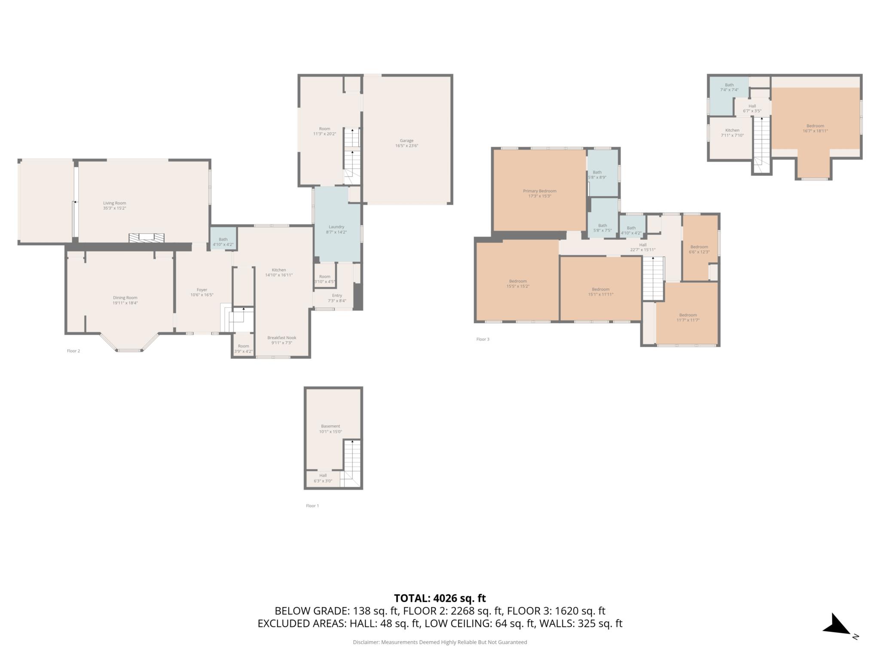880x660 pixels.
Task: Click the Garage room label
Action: coord(406,143)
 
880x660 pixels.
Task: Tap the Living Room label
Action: coord(115,205)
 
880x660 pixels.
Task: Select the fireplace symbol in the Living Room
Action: coord(147,238)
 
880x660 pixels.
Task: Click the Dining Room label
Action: coord(125,300)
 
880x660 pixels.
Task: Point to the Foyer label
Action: coord(202,292)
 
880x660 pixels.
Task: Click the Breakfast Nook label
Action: coord(282,340)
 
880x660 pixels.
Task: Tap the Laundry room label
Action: coord(336,229)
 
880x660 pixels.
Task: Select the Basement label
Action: coord(330,429)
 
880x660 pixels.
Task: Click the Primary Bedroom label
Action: coord(540,193)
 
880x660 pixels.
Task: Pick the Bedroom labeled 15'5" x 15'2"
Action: coord(518,284)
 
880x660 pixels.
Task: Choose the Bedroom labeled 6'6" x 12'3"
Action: coord(699,249)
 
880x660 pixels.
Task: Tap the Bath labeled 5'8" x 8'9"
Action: coord(597,174)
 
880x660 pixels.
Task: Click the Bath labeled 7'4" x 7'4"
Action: coord(729,87)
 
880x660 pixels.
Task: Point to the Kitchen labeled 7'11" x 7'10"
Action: coord(732,133)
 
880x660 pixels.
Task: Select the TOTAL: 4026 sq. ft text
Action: coord(440,598)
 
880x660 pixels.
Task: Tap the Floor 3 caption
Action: coord(483,339)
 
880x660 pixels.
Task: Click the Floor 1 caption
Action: coord(312,506)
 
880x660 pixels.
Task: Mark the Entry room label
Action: coord(337,298)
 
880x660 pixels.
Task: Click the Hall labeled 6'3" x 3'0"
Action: coord(323,478)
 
